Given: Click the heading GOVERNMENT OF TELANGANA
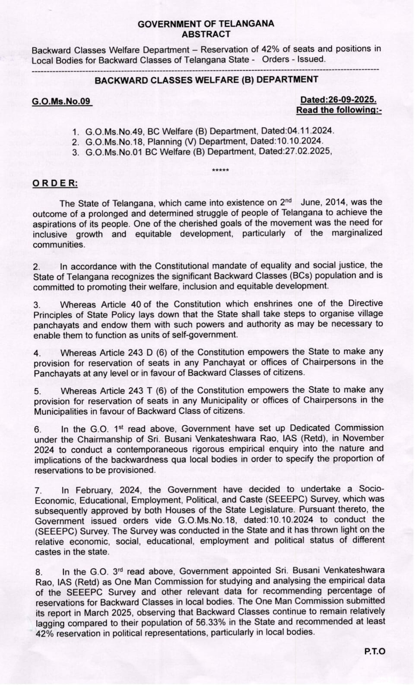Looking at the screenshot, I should point(206,24).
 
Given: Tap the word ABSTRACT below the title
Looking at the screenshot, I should point(206,34).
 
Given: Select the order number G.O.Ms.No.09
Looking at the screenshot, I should point(61,102).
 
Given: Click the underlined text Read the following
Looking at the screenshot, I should point(339,110).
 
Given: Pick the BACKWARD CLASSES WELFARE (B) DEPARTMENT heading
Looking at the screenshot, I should point(206,80).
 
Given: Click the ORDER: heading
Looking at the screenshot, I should point(55,183).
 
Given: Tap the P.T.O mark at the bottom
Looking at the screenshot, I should point(375,651).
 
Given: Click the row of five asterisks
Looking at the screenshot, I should point(221,171).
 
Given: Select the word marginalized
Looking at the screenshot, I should point(357,233).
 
